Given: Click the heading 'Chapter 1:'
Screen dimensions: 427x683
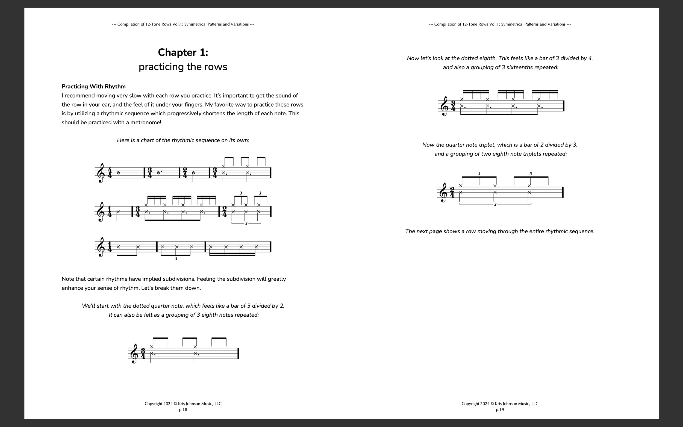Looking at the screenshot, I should click(183, 52).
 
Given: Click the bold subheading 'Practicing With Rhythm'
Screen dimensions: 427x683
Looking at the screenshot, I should click(93, 86).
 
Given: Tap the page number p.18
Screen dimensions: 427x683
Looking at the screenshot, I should click(183, 410).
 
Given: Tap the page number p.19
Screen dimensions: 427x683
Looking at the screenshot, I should click(500, 410).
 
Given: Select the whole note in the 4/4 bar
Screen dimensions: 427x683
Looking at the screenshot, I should click(118, 173).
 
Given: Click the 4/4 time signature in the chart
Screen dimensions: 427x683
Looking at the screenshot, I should click(110, 173).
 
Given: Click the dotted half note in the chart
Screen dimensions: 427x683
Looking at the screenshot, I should click(158, 173).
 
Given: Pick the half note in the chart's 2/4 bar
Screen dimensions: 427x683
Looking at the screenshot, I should click(193, 173).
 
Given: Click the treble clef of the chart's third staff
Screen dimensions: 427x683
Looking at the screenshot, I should click(101, 247).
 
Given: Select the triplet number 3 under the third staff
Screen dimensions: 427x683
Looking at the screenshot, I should click(176, 259).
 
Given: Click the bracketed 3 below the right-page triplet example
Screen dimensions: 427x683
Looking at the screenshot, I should click(495, 204).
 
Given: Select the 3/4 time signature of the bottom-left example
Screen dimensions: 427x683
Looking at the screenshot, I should click(143, 354).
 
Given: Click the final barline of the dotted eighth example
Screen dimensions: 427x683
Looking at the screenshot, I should click(564, 106).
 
